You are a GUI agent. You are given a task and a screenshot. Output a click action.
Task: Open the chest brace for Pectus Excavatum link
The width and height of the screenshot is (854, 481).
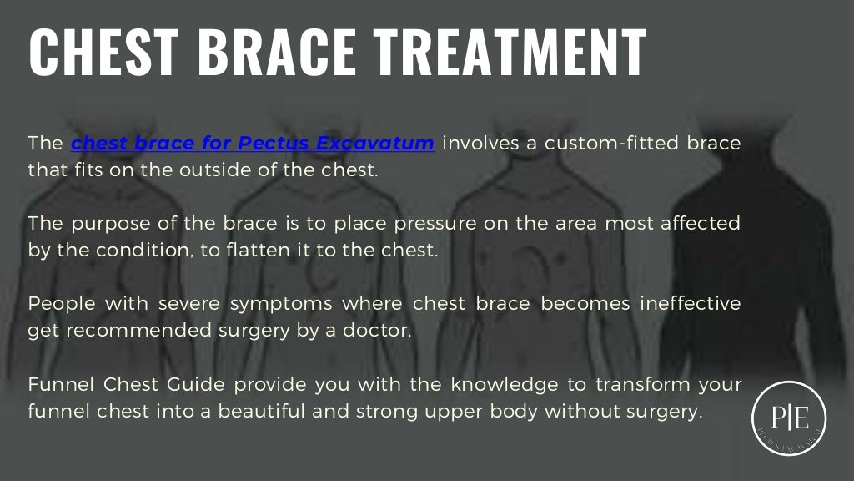point(253,143)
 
